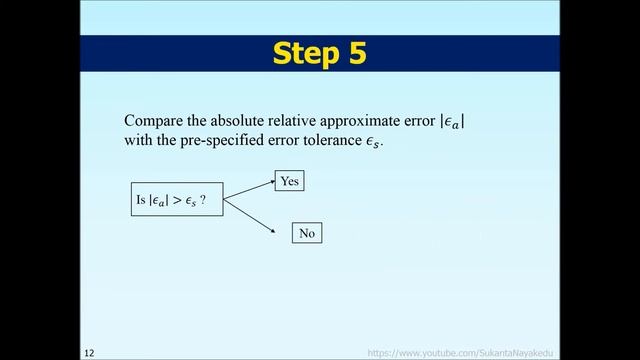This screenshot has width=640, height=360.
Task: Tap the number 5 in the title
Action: [354, 53]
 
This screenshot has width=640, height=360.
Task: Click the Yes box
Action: [289, 181]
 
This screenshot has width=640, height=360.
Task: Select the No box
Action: [306, 233]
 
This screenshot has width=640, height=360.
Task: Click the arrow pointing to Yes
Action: [250, 191]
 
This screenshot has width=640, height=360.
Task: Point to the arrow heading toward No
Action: [250, 217]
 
